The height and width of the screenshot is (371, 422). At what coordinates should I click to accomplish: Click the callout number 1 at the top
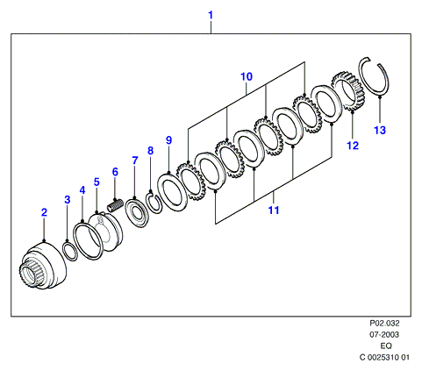[211, 15]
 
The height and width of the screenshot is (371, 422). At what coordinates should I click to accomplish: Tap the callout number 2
[44, 212]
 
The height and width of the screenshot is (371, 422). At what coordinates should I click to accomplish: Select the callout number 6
[115, 172]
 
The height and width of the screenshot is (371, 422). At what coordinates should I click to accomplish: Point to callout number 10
[247, 76]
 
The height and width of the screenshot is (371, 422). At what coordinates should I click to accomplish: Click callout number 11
[274, 210]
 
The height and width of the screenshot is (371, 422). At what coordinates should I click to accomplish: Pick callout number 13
[380, 130]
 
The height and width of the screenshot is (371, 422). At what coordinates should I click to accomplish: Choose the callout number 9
[169, 140]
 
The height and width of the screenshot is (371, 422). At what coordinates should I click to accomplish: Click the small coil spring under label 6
[115, 205]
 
